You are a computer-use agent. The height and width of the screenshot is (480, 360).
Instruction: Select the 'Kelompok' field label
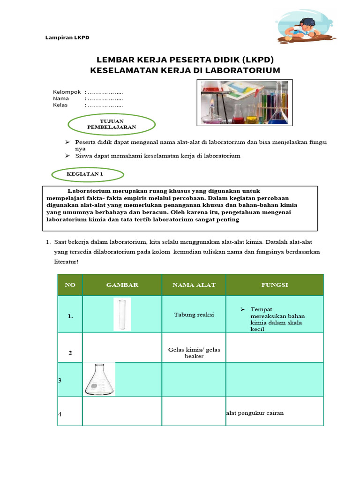click(x=67, y=92)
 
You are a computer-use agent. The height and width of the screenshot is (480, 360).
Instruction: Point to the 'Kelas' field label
click(x=61, y=105)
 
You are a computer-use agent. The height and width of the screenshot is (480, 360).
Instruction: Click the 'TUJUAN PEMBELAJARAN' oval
click(x=112, y=124)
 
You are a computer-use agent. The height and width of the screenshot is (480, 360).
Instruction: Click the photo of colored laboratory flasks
click(x=244, y=103)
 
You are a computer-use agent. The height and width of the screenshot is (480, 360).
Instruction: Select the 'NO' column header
click(x=70, y=285)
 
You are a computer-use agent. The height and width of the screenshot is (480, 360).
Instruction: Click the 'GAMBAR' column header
click(x=122, y=285)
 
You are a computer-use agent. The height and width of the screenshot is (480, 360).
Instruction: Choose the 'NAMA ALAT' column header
click(x=194, y=285)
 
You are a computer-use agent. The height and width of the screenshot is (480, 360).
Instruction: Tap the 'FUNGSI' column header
click(x=274, y=285)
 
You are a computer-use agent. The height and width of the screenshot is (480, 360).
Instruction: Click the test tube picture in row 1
click(x=122, y=315)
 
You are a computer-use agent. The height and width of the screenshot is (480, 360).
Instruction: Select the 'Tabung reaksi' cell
click(x=194, y=315)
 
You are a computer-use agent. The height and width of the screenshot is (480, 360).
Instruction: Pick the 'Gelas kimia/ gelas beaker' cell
click(x=194, y=352)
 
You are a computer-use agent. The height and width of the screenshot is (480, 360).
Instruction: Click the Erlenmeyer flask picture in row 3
click(x=100, y=379)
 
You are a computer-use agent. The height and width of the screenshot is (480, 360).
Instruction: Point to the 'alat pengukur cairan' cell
click(x=255, y=413)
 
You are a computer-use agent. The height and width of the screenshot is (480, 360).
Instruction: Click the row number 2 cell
click(x=70, y=352)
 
